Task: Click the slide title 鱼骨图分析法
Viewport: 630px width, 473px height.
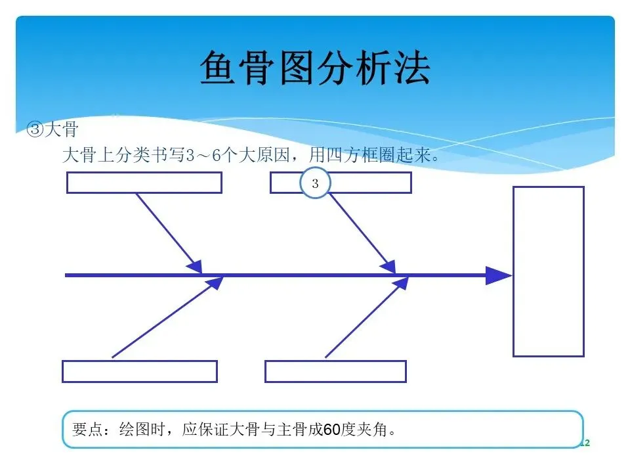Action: tap(315, 68)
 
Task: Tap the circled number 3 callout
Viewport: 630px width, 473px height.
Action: tap(315, 184)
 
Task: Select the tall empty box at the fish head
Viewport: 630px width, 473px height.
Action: tap(548, 271)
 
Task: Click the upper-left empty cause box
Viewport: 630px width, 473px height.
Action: tap(144, 183)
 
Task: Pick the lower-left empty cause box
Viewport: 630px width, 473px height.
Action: tap(140, 371)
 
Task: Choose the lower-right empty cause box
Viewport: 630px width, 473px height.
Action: tap(335, 371)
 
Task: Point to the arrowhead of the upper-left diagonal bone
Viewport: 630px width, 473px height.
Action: tap(195, 266)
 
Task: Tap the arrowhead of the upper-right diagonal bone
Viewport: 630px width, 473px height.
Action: tap(388, 266)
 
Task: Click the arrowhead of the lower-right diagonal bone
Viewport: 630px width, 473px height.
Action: tap(400, 284)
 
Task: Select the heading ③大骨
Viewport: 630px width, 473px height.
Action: tap(52, 129)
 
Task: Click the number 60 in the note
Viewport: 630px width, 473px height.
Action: tap(333, 430)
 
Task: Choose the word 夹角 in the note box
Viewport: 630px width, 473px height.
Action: tap(376, 430)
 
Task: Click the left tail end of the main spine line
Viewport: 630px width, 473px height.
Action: tap(68, 276)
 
